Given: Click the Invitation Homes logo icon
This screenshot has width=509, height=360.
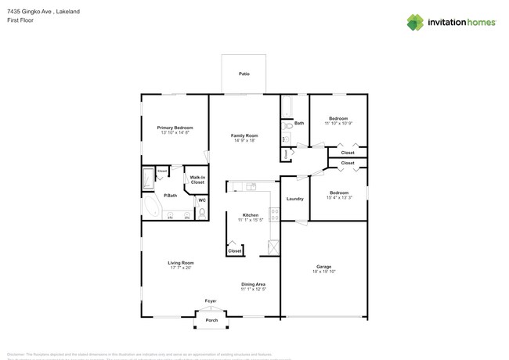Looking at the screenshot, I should click(414, 22).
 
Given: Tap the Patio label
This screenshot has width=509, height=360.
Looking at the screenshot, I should click(244, 74).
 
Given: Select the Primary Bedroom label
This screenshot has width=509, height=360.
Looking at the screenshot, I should click(175, 127).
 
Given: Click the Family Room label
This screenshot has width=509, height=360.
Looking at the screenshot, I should click(244, 135).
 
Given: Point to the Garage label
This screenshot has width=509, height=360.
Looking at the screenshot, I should click(324, 266).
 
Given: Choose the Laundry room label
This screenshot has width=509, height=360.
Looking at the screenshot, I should click(294, 199).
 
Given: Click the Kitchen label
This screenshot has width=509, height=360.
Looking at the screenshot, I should click(251, 215).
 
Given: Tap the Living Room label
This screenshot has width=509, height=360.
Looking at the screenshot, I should click(181, 262).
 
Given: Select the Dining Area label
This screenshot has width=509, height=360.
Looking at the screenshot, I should click(253, 284).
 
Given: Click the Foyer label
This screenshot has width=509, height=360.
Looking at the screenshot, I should click(211, 301).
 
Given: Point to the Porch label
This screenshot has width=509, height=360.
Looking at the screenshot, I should click(211, 320).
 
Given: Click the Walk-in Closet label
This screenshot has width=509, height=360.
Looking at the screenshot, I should click(197, 180).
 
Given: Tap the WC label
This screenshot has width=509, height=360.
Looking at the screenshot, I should click(201, 200).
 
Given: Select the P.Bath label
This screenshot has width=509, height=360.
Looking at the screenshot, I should click(169, 196).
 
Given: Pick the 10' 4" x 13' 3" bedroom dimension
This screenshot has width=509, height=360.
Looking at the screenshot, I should click(339, 198).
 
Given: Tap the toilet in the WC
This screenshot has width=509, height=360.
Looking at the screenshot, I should click(201, 212).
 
